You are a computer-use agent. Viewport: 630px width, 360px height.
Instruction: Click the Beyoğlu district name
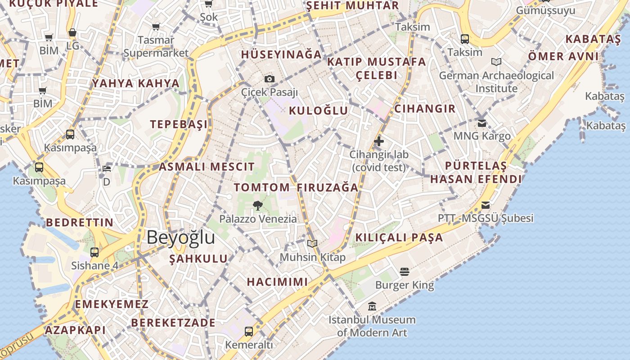pos(181,237)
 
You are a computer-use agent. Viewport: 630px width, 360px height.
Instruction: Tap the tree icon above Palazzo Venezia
pos(258,206)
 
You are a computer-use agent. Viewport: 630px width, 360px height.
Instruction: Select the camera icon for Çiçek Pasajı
pos(270,79)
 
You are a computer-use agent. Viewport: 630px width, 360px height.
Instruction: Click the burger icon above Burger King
pos(404,271)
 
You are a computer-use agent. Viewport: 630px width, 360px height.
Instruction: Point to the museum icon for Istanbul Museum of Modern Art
pos(372,306)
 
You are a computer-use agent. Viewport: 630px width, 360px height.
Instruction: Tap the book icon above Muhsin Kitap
pos(312,243)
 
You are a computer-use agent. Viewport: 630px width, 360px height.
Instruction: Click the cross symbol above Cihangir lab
pos(379,141)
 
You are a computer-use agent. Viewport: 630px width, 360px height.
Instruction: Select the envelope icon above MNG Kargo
pos(482,123)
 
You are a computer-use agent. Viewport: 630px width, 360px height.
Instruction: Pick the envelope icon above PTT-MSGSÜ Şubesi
pos(485,205)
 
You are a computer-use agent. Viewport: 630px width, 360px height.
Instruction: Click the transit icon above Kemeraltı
pos(249,332)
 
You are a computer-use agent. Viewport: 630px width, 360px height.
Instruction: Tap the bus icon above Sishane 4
pos(94,252)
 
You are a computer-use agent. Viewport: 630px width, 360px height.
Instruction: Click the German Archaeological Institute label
pos(496,82)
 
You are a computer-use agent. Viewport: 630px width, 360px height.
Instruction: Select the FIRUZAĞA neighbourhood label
pos(328,187)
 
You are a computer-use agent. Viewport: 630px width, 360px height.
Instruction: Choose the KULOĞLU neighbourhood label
pos(318,111)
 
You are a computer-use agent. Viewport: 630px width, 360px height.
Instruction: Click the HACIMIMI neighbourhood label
pos(277,282)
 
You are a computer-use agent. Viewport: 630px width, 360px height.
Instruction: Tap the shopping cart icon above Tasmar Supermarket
pos(156,27)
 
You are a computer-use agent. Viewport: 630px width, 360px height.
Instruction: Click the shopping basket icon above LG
pos(72,33)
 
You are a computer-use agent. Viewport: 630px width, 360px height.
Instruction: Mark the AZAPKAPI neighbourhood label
pos(75,330)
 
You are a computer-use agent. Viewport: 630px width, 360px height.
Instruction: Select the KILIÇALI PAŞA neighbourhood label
pos(399,237)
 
